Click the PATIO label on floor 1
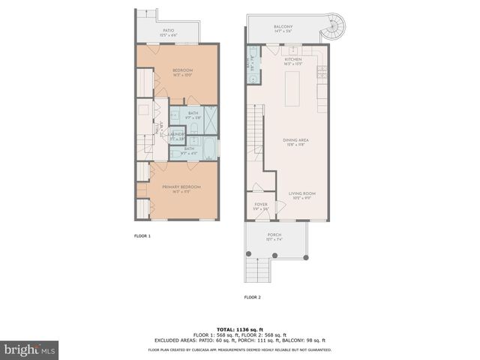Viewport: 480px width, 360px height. point(167,31)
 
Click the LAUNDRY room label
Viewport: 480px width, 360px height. point(177,135)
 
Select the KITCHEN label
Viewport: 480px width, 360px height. point(292,59)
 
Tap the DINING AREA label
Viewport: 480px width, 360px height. point(292,139)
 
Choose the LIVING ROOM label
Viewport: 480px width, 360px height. point(302,193)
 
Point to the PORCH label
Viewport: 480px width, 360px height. point(274,235)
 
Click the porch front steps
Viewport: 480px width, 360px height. point(258,269)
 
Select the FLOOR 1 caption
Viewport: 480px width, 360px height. point(142,236)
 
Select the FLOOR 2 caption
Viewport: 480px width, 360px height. point(252,298)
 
